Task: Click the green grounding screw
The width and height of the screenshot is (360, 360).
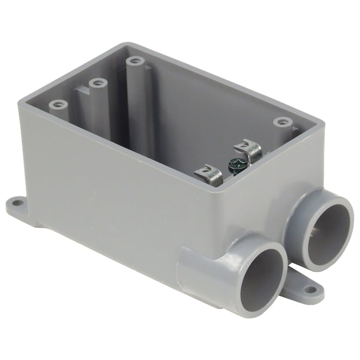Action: (x=235, y=162)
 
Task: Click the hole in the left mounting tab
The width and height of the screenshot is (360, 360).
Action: (x=17, y=203)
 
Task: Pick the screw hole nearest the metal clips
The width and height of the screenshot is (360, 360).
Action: (x=281, y=121)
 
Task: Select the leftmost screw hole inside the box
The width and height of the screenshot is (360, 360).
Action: (x=57, y=104)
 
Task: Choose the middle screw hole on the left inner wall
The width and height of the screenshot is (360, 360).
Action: (x=98, y=83)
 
